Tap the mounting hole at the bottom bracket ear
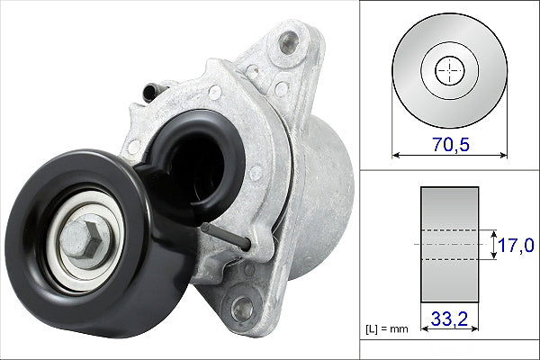(241, 308)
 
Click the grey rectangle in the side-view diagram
(449, 244)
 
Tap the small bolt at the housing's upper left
(157, 89)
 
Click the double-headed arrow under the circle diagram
(448, 155)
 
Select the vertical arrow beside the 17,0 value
(494, 244)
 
